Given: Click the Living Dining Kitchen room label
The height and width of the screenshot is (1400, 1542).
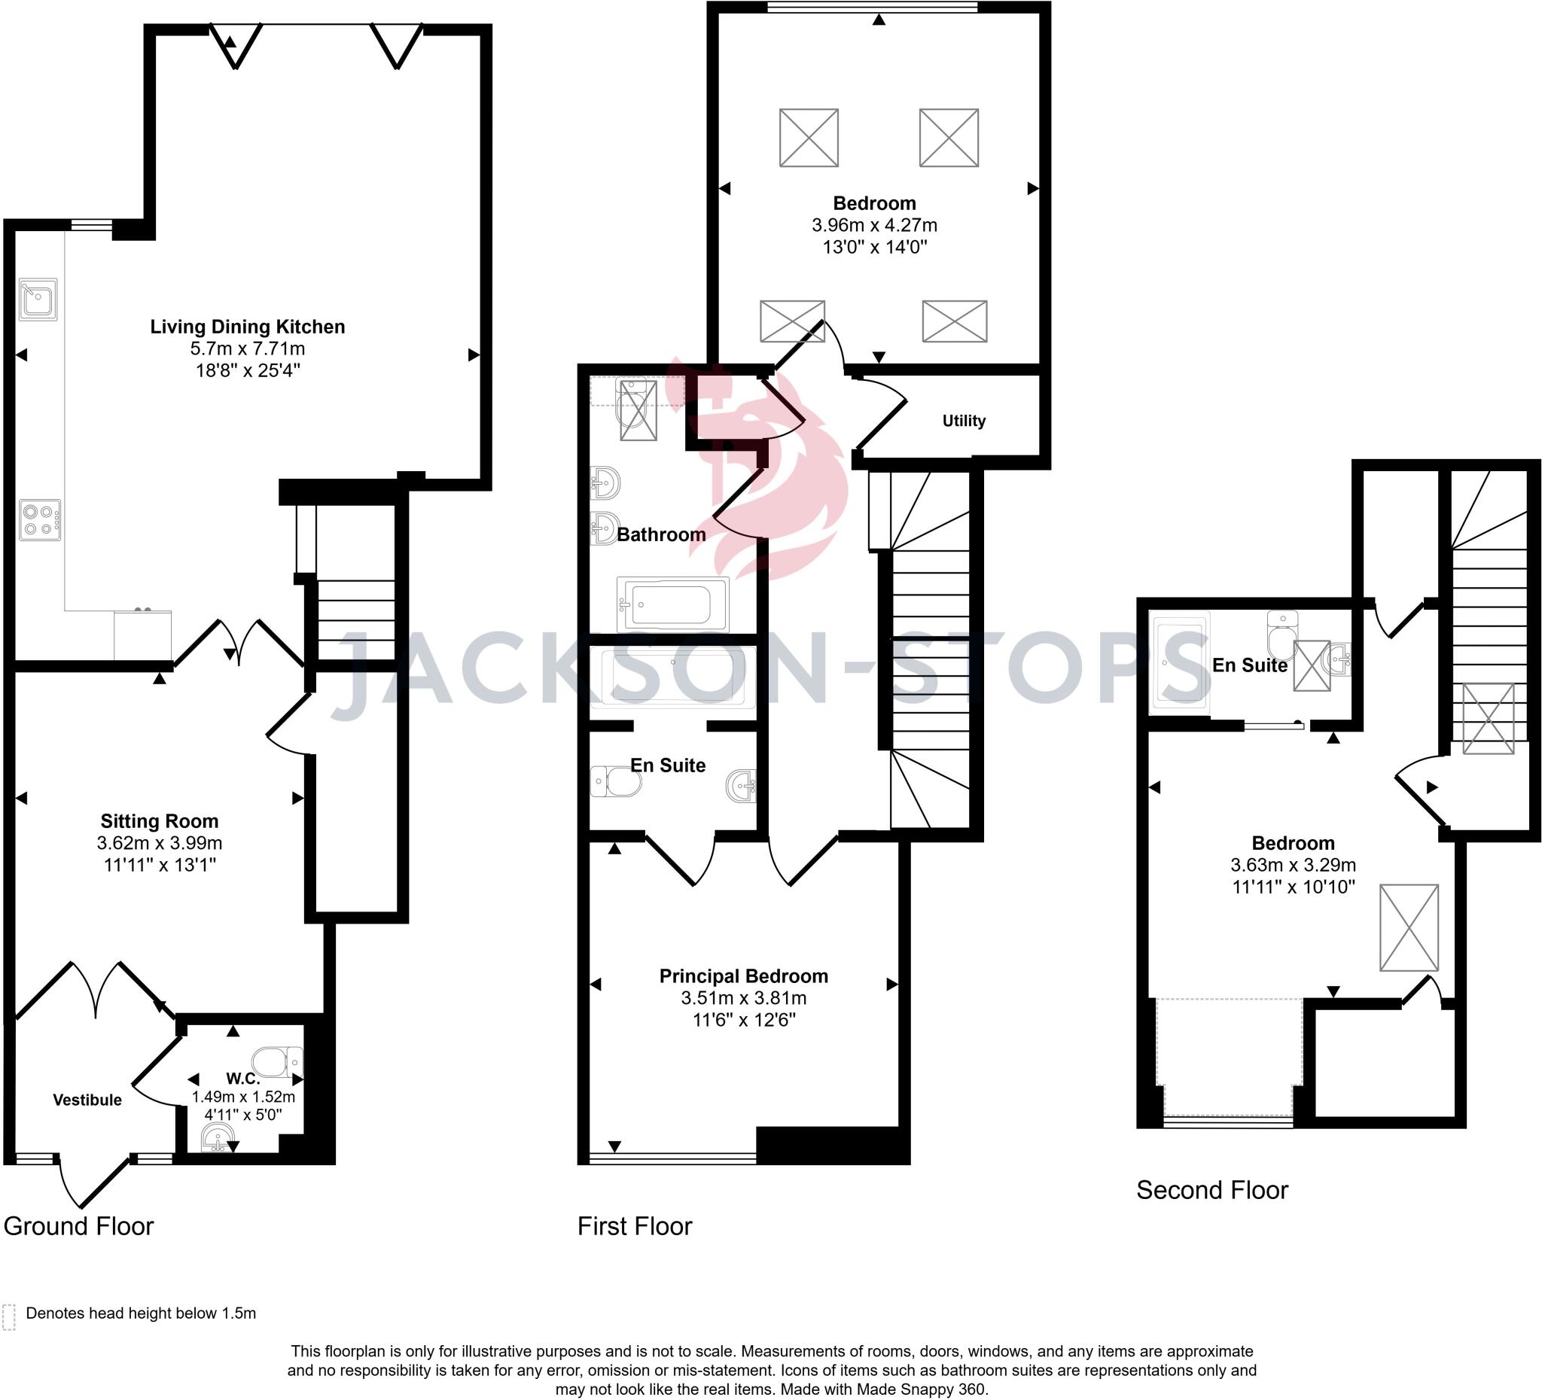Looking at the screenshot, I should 247,327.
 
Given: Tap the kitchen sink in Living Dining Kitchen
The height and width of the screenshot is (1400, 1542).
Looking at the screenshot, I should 38,298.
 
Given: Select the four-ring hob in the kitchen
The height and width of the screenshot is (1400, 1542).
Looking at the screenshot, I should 40,520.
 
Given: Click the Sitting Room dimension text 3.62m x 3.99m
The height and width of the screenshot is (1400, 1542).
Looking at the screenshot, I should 159,843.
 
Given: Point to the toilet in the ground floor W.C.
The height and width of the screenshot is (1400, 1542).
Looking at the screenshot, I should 276,1062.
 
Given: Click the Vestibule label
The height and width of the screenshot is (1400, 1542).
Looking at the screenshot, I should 87,1100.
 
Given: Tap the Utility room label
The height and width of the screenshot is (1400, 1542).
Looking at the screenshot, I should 964,421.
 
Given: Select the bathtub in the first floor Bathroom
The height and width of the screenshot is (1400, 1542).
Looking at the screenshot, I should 672,605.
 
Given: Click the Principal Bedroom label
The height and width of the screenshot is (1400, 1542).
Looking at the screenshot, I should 743,975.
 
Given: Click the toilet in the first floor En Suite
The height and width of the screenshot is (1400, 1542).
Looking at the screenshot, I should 617,781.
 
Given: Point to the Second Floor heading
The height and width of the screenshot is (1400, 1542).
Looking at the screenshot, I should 1211,1190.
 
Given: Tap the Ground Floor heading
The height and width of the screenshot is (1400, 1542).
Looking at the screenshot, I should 79,1226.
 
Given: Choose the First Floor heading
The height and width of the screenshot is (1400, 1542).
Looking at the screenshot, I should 634,1226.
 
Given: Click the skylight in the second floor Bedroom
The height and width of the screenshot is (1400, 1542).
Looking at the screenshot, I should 1409,927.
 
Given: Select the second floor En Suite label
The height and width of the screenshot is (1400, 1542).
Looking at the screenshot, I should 1249,665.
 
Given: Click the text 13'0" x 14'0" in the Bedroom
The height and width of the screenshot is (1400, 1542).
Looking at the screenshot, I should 874,247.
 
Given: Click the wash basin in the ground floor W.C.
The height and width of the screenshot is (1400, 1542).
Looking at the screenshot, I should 218,1139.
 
